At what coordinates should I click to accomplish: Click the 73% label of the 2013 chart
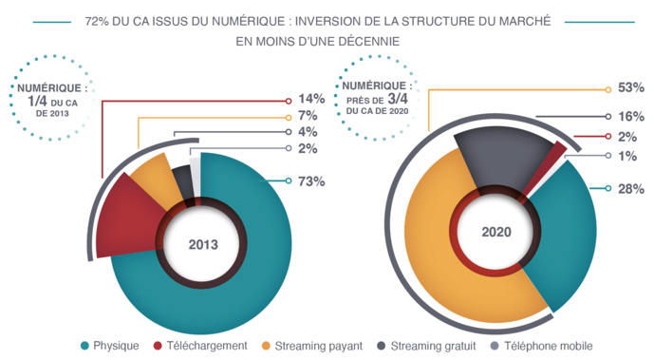point(312,181)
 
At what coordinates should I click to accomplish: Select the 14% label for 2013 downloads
point(312,99)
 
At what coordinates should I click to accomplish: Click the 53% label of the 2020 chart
point(631,87)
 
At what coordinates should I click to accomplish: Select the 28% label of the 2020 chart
point(631,189)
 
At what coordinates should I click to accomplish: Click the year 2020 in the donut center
point(496,231)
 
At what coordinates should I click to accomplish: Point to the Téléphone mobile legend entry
point(542,346)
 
